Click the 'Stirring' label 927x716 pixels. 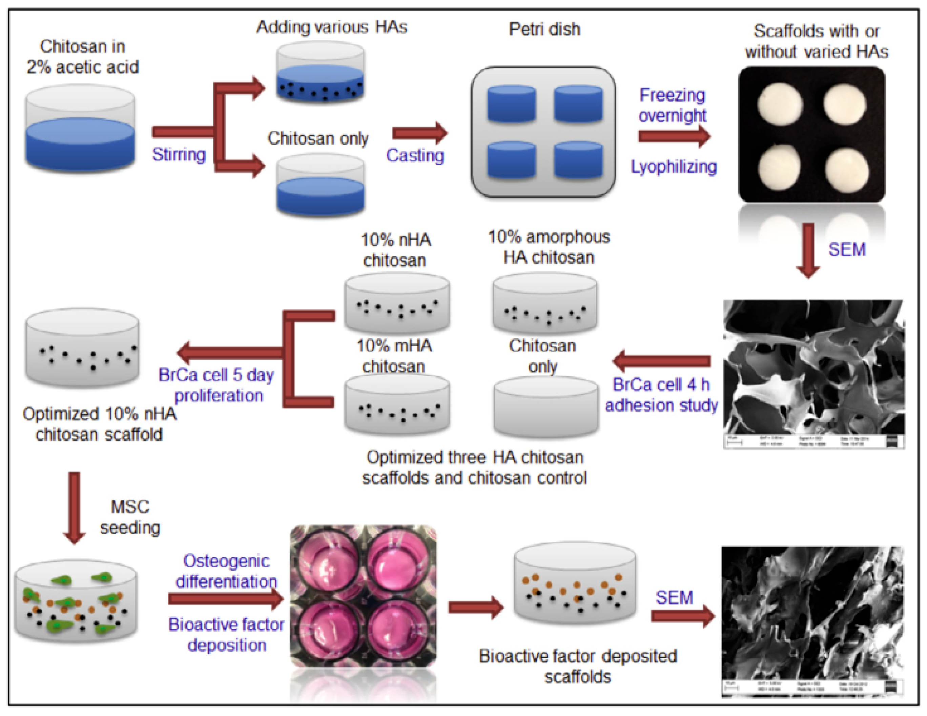pyautogui.click(x=179, y=155)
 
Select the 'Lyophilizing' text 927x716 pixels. pyautogui.click(x=674, y=167)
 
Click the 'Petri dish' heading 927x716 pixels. pyautogui.click(x=544, y=29)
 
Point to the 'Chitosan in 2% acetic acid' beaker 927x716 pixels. pyautogui.click(x=80, y=130)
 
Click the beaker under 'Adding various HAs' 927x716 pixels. pyautogui.click(x=321, y=73)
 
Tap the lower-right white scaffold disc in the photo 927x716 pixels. pyautogui.click(x=847, y=170)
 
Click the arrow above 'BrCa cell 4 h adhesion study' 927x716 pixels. pyautogui.click(x=662, y=361)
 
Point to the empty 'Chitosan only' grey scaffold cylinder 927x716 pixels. pyautogui.click(x=546, y=406)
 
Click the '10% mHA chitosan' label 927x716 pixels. pyautogui.click(x=394, y=356)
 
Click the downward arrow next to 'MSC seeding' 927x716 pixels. pyautogui.click(x=74, y=508)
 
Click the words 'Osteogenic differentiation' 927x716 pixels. pyautogui.click(x=226, y=571)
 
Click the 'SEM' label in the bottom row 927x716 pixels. pyautogui.click(x=674, y=598)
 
